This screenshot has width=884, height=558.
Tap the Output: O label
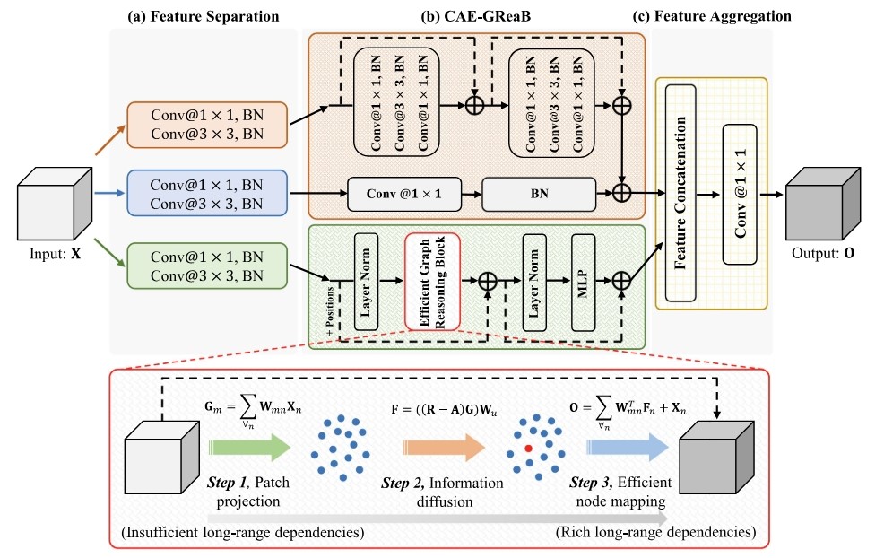tap(824, 253)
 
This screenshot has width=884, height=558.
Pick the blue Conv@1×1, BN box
tap(208, 195)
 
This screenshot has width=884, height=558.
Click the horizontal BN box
tap(539, 194)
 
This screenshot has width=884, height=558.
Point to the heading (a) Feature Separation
tap(203, 15)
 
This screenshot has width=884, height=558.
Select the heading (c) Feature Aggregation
tap(711, 15)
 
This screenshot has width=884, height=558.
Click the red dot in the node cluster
tap(529, 446)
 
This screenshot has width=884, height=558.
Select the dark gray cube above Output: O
tap(822, 205)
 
